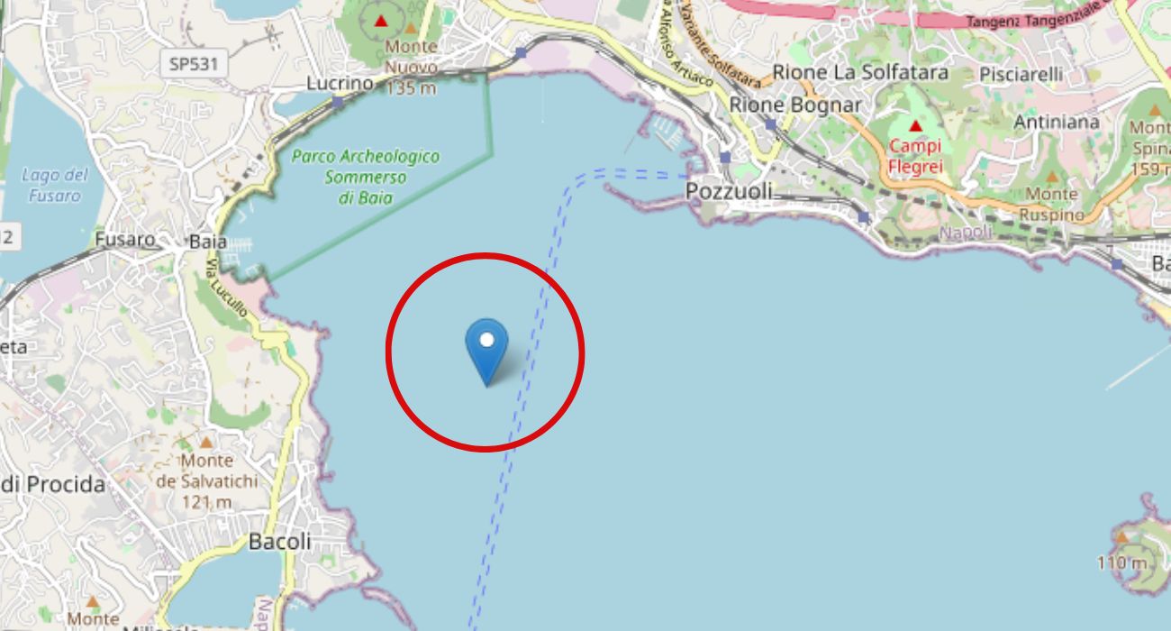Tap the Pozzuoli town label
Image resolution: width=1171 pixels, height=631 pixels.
(x=730, y=191)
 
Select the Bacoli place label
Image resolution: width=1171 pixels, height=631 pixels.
(x=279, y=542)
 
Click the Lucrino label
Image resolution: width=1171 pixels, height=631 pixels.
(x=340, y=84)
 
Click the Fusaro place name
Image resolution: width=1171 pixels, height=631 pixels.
(x=125, y=241)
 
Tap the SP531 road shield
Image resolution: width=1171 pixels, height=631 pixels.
(x=194, y=64)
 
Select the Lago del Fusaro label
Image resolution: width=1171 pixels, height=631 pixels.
(x=55, y=185)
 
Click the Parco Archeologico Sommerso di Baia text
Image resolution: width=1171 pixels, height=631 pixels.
(x=366, y=177)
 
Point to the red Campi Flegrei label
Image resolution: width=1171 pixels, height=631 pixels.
(x=915, y=156)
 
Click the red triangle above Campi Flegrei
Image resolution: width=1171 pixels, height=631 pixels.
(x=916, y=126)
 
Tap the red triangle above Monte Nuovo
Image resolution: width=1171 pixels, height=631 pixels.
(x=381, y=21)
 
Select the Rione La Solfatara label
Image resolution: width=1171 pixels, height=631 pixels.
(x=860, y=72)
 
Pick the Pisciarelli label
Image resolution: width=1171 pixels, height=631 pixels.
(x=1021, y=74)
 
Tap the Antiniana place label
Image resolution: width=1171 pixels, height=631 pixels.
(x=1057, y=122)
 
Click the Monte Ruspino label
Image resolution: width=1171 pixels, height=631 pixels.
(x=1051, y=205)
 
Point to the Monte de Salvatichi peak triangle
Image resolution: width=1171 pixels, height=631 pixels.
(x=206, y=442)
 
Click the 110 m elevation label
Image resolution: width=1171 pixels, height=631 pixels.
(x=1122, y=563)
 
